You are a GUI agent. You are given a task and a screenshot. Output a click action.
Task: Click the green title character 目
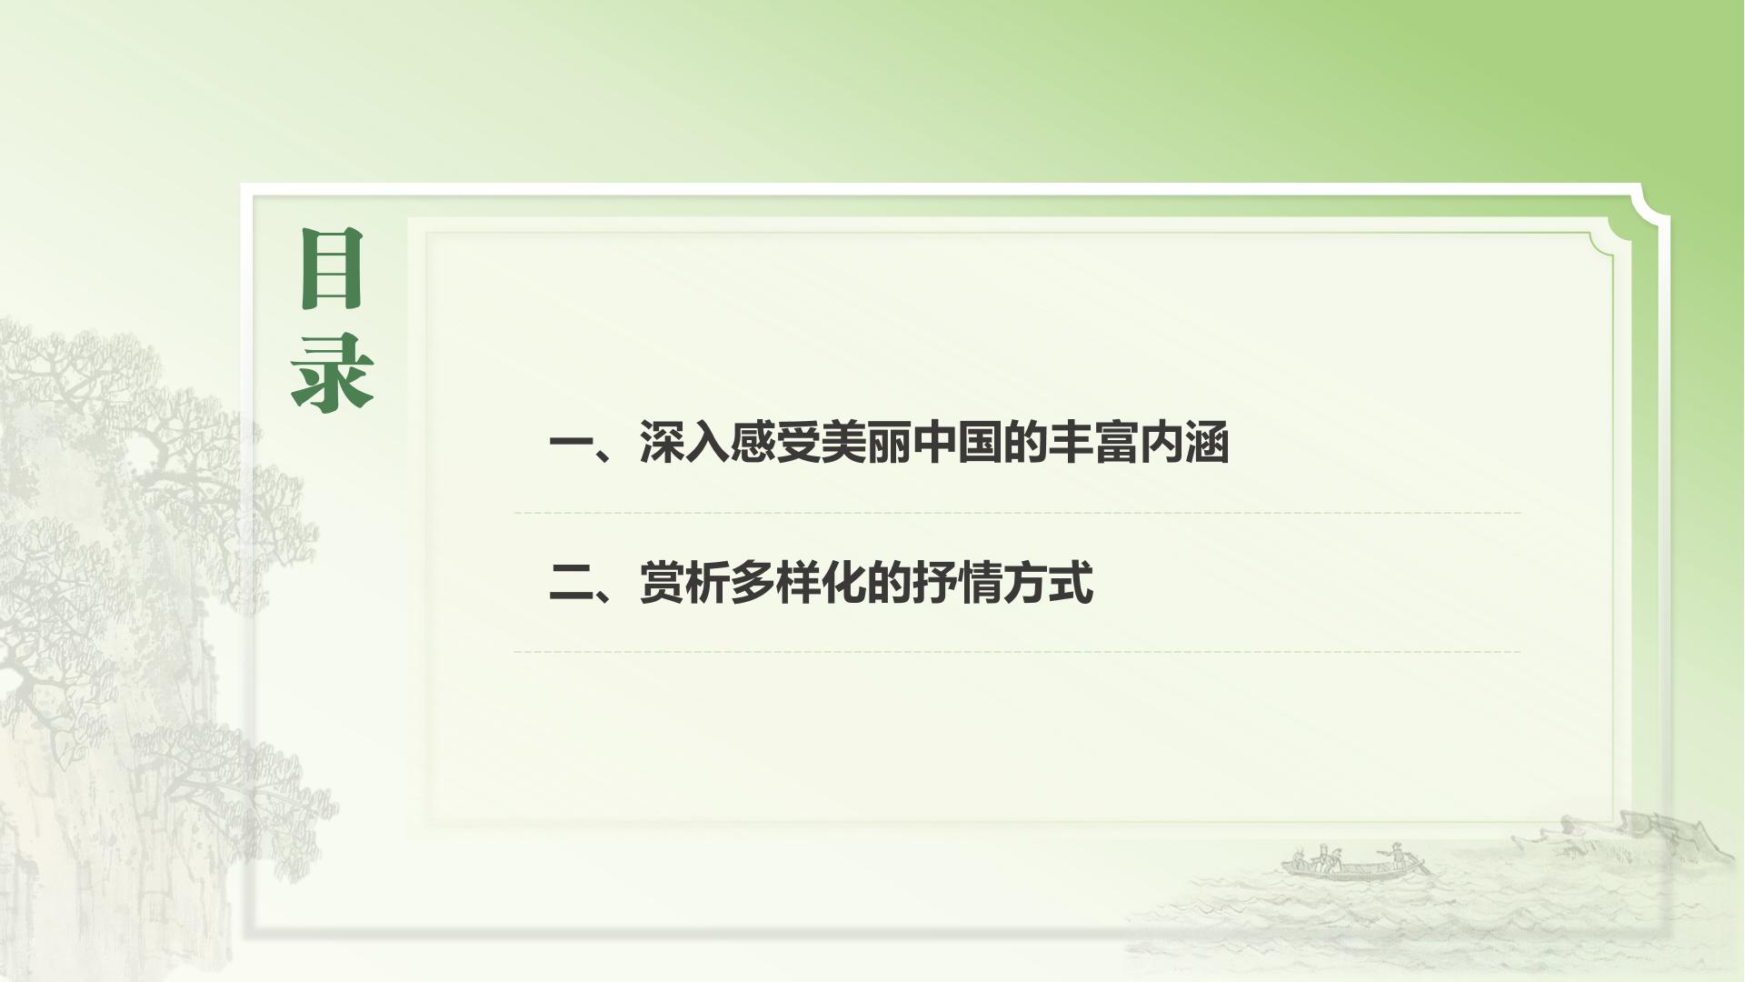pyautogui.click(x=332, y=268)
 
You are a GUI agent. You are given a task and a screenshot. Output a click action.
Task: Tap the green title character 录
pyautogui.click(x=333, y=372)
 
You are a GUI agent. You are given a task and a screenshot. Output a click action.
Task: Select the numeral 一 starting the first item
pyautogui.click(x=571, y=445)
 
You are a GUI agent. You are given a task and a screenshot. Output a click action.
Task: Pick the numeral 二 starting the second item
pyautogui.click(x=571, y=583)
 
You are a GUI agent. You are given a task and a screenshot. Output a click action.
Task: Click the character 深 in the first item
pyautogui.click(x=662, y=443)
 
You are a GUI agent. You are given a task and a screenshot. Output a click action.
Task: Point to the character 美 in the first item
pyautogui.click(x=843, y=443)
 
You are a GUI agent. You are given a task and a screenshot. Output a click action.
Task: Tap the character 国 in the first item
pyautogui.click(x=980, y=443)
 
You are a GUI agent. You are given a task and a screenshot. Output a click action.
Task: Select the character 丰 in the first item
pyautogui.click(x=1071, y=443)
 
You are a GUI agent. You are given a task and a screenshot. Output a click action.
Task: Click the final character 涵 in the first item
pyautogui.click(x=1207, y=443)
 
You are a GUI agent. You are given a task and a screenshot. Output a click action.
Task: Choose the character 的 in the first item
pyautogui.click(x=1025, y=443)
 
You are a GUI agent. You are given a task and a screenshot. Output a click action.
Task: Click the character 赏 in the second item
pyautogui.click(x=662, y=582)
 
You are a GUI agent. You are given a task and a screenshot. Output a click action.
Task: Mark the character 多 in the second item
pyautogui.click(x=753, y=582)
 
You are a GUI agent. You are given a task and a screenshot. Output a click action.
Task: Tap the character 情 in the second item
pyautogui.click(x=980, y=582)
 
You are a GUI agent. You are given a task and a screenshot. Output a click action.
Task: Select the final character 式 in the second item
pyautogui.click(x=1071, y=582)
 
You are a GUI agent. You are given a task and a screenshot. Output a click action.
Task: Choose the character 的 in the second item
pyautogui.click(x=889, y=582)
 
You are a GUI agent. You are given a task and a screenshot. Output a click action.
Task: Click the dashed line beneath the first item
pyautogui.click(x=1017, y=513)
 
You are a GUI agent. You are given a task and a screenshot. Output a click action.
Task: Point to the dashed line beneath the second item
pyautogui.click(x=1017, y=651)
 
